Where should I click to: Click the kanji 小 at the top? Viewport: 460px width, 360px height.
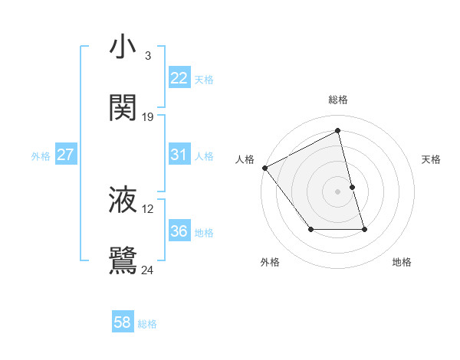[x=123, y=47]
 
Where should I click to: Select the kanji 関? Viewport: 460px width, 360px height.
[x=123, y=107]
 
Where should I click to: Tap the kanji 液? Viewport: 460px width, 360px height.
[x=123, y=199]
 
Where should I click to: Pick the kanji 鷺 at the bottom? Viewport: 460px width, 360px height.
[x=123, y=260]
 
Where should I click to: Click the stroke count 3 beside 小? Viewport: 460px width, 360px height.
[x=147, y=55]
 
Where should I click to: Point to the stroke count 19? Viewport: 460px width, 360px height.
[x=148, y=116]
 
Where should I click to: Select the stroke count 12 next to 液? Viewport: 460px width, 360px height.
[x=148, y=208]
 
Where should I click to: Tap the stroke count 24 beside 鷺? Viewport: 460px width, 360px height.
[x=148, y=270]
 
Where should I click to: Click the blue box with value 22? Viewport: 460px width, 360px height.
[x=179, y=78]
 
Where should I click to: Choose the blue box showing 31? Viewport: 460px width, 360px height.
[x=179, y=155]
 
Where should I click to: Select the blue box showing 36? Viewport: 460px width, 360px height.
[x=179, y=231]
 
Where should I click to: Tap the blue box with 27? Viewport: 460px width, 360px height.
[x=65, y=155]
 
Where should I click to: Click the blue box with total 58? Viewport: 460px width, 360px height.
[x=123, y=322]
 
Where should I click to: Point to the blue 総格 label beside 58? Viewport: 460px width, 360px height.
[x=147, y=324]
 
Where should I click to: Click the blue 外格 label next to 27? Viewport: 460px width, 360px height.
[x=41, y=156]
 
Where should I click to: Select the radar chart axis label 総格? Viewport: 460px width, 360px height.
[x=338, y=100]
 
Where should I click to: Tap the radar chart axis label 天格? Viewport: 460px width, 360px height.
[x=431, y=159]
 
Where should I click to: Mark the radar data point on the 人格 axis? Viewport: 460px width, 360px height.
[x=264, y=168]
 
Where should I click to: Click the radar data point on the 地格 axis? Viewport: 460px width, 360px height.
[x=364, y=229]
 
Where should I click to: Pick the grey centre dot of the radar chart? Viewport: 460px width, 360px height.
[x=337, y=191]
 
